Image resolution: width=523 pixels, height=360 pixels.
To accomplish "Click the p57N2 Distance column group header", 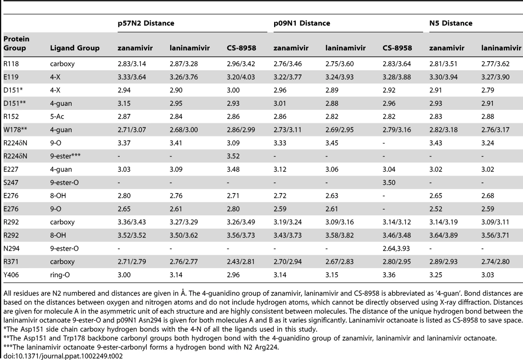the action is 146,23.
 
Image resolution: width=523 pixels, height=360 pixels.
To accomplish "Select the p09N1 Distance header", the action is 302,23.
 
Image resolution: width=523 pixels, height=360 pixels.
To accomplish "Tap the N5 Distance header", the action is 451,23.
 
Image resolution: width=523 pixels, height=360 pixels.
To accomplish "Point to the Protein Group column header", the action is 16,43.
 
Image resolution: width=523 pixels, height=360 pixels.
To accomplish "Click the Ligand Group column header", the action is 75,48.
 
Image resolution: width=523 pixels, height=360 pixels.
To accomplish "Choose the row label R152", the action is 11,117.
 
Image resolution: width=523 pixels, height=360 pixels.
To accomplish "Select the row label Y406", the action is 11,275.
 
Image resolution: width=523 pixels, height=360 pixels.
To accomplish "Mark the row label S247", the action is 11,183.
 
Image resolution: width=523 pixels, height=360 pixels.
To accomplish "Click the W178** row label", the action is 15,130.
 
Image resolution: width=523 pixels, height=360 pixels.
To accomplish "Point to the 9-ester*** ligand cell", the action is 65,156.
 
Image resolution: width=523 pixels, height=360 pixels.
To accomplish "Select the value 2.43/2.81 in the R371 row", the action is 241,261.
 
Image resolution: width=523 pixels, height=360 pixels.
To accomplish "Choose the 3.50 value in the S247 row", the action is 389,183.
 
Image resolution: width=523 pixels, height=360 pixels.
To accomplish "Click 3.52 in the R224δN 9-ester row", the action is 233,156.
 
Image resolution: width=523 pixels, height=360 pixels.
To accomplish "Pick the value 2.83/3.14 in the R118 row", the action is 132,63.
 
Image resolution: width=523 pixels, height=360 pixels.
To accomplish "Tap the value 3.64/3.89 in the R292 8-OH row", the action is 443,235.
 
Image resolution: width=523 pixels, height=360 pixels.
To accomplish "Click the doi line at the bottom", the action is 63,356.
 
